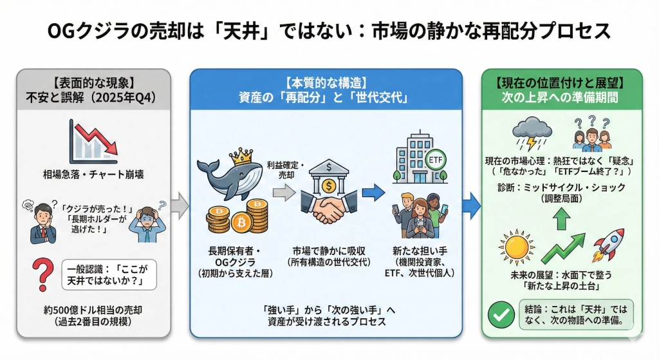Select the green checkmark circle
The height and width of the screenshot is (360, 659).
point(501,316)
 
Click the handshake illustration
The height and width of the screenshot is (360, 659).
point(328,209)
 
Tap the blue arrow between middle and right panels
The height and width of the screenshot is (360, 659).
point(472,205)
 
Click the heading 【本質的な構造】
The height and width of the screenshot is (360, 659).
point(326,83)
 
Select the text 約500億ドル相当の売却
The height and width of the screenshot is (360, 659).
point(93,310)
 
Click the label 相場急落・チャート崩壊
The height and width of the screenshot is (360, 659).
point(93,174)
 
